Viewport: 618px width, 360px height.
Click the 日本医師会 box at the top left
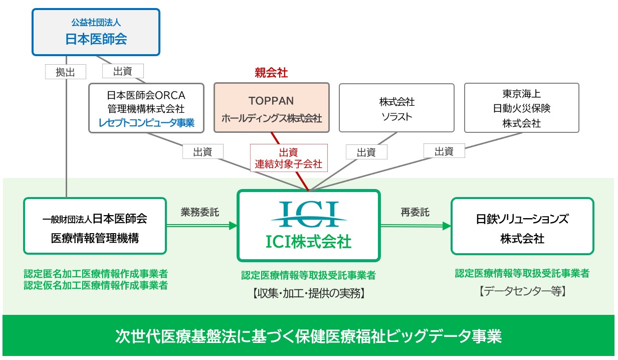[x=96, y=32]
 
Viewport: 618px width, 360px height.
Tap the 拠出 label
[x=65, y=72]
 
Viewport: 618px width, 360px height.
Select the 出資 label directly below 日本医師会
[x=123, y=71]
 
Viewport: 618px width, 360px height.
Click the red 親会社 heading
[x=271, y=73]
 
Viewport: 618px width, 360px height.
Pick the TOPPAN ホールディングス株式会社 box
[x=272, y=108]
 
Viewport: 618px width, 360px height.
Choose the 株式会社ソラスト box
[x=397, y=108]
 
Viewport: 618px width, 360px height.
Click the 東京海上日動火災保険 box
[x=522, y=108]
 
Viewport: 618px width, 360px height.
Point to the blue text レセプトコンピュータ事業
[x=146, y=122]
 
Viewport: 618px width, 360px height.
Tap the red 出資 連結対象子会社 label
[x=289, y=158]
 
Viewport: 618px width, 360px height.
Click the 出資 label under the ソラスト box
[x=366, y=152]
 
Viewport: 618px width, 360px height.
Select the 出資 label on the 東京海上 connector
[x=444, y=151]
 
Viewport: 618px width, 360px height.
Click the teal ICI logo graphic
[x=309, y=214]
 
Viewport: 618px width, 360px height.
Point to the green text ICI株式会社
[x=308, y=242]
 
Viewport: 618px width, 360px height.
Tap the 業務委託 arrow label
[x=200, y=212]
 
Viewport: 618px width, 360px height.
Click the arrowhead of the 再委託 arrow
[x=447, y=226]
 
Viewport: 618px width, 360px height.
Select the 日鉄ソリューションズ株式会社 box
[x=522, y=226]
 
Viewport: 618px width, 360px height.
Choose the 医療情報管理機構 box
[x=95, y=226]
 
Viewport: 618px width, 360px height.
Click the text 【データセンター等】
[x=522, y=291]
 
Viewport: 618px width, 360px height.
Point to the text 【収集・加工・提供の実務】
[x=308, y=293]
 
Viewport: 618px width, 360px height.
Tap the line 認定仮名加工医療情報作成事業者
[x=96, y=285]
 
